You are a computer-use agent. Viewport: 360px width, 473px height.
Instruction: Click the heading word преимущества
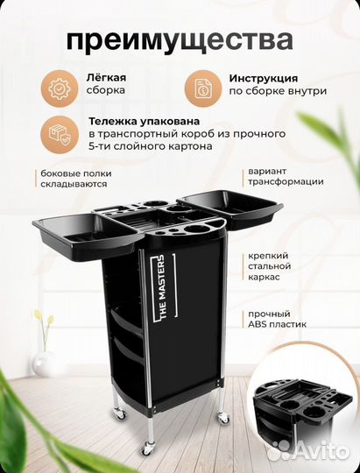coord(180,40)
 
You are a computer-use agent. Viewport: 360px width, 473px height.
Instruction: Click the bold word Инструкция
coord(260,78)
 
